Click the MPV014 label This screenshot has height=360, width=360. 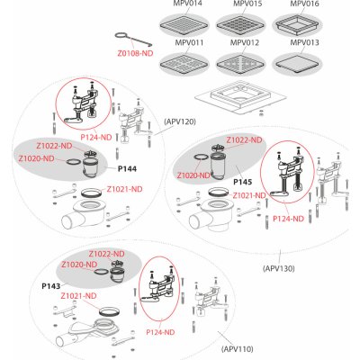point(188,4)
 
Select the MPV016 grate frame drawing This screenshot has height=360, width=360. point(297,25)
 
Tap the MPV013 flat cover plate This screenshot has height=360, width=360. point(297,64)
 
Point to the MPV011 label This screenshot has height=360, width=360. point(189,42)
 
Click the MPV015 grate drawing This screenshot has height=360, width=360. point(240,25)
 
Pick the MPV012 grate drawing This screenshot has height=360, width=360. point(240,64)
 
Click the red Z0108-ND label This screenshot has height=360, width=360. point(135,53)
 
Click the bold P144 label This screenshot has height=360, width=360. point(127,169)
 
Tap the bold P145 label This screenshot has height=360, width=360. point(243,182)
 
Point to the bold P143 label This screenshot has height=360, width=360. point(51,286)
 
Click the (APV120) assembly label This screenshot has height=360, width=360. point(180,121)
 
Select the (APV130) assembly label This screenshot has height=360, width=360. point(279,268)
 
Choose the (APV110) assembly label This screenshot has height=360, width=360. point(238,349)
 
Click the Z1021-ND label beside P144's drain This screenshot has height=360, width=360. point(124,189)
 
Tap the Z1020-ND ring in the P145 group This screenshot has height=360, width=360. point(201,157)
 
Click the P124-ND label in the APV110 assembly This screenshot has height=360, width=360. point(160,332)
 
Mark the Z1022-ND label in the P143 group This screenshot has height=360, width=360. point(106,254)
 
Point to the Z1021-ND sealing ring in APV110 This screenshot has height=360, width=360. point(109,311)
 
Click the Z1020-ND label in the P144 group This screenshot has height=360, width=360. point(37,158)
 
